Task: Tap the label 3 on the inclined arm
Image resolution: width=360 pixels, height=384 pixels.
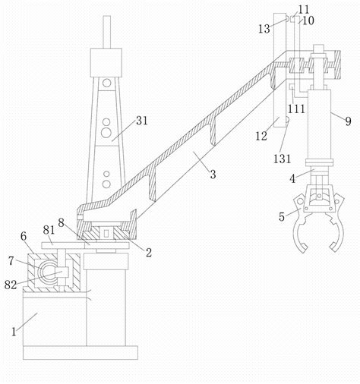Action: point(213,175)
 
